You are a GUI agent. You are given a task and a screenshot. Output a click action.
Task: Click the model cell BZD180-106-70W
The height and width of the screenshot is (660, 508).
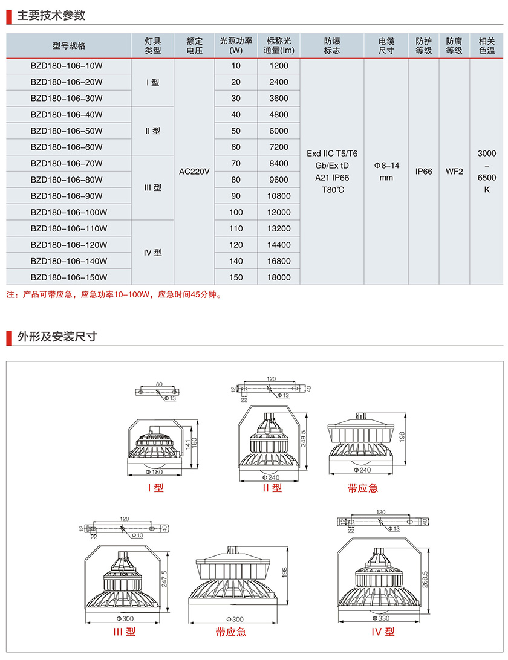click(67, 163)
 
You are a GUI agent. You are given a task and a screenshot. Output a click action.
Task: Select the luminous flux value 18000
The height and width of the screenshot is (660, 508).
click(279, 277)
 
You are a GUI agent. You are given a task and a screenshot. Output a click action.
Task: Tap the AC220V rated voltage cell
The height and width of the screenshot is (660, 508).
click(195, 172)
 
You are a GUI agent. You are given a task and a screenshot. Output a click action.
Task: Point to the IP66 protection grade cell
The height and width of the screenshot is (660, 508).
click(424, 172)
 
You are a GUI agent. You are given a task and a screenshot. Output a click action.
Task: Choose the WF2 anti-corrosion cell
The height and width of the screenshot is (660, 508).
click(454, 172)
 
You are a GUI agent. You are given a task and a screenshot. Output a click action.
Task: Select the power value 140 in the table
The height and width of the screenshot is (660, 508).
click(236, 261)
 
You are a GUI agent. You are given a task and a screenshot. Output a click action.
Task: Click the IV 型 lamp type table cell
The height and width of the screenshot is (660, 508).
click(152, 253)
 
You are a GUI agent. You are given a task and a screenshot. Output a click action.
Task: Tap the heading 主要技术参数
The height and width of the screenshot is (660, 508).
click(51, 16)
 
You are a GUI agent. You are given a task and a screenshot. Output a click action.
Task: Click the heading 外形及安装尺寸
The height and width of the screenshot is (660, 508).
click(57, 337)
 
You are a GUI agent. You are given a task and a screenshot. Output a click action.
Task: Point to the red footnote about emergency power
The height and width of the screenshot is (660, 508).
click(115, 296)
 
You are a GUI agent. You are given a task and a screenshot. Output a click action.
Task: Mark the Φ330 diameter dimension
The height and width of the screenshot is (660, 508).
click(383, 618)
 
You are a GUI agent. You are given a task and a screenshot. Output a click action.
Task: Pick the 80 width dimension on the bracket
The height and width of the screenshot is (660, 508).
click(159, 384)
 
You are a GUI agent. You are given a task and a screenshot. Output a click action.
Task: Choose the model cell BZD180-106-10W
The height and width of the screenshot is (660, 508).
click(67, 65)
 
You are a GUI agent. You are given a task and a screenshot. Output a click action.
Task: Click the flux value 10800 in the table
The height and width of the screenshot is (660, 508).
click(279, 196)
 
